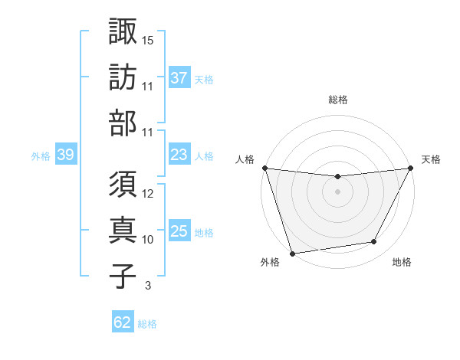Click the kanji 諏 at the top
123,31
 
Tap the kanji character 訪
123,78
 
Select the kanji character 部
123,125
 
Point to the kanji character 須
123,185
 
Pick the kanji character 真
123,231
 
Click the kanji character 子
123,277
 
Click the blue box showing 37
179,77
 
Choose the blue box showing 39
65,155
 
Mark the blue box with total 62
123,322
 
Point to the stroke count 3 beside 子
147,286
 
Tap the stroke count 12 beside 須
148,194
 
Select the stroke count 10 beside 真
148,240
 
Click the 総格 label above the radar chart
337,100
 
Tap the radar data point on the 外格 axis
291,253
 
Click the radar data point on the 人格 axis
264,168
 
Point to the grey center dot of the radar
337,191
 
